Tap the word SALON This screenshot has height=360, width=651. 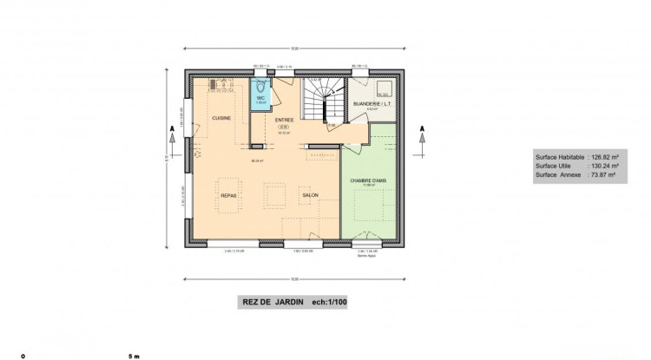point(311,196)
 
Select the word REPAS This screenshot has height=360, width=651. point(228,196)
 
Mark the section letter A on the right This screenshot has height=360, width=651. point(422,130)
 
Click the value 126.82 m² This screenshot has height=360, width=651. point(604,158)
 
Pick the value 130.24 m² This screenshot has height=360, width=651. point(604,167)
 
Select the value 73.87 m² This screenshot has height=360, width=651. point(602,175)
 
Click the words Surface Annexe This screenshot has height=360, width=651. point(556,175)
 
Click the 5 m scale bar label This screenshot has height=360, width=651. point(133,356)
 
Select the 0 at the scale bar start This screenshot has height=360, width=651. point(23,356)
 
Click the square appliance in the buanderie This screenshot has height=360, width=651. point(382,88)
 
